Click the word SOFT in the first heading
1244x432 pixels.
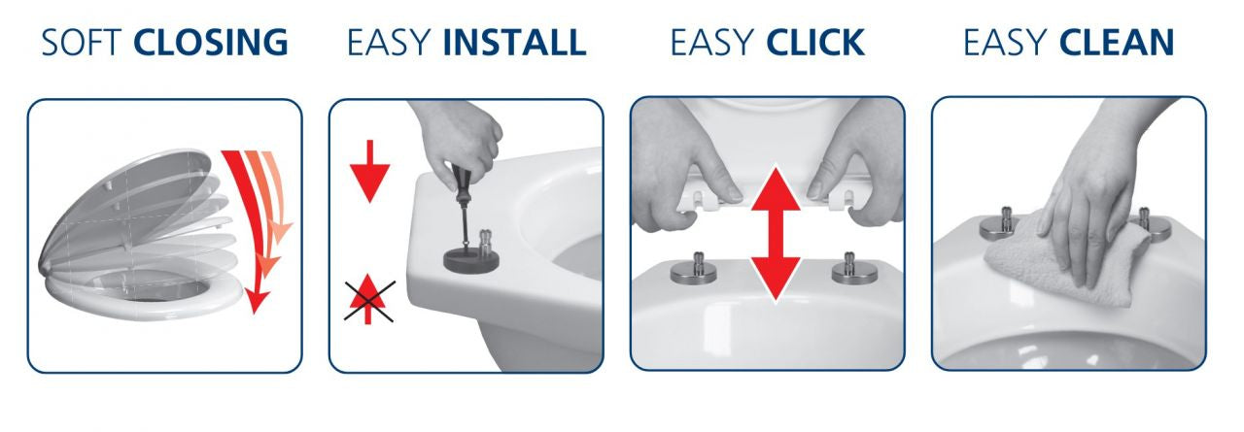click(82, 42)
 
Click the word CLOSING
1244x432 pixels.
click(211, 42)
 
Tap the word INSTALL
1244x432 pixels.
click(514, 42)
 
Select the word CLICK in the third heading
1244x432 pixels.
click(815, 42)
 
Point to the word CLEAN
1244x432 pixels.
click(1117, 42)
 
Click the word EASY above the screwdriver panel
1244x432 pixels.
click(388, 42)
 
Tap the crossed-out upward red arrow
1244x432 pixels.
click(368, 300)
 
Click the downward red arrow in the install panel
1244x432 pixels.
click(370, 170)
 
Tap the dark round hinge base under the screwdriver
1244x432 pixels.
click(471, 259)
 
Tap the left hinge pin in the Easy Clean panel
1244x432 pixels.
click(1001, 223)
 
